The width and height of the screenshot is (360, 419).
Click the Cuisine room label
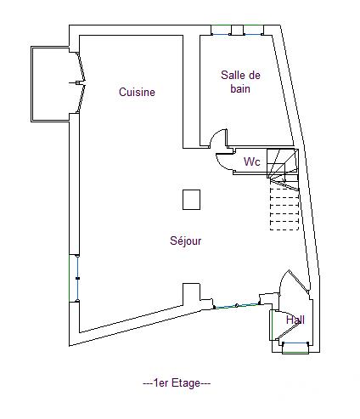tap(137, 93)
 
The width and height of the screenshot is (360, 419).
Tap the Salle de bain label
tap(240, 82)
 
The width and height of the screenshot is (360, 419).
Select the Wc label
tap(251, 161)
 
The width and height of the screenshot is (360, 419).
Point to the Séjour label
tap(185, 241)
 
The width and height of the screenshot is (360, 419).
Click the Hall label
tap(295, 320)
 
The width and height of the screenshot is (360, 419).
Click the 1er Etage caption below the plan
tap(177, 383)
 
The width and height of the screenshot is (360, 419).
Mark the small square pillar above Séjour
tap(191, 199)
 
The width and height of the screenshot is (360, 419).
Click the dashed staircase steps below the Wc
tap(284, 208)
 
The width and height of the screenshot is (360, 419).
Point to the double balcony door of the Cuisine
tap(80, 82)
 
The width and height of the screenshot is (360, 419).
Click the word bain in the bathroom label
tap(240, 89)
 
